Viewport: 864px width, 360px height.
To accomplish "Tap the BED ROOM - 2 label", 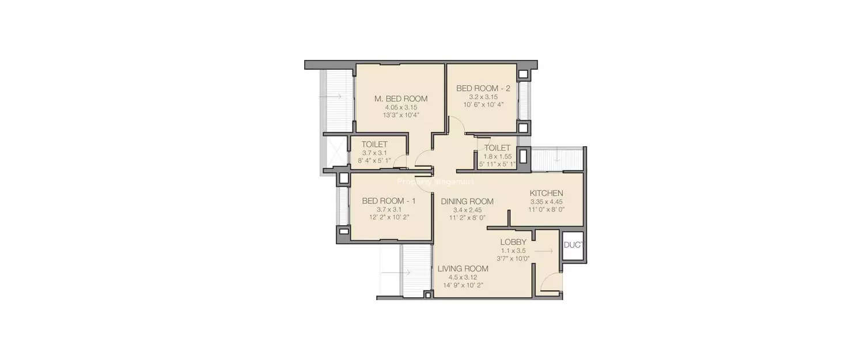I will [483, 88].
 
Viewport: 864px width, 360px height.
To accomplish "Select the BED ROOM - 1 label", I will [389, 201].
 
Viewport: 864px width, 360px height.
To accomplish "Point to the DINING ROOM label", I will [467, 202].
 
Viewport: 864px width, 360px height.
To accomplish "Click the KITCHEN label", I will [546, 193].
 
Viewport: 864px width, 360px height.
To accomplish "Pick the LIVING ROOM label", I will [463, 268].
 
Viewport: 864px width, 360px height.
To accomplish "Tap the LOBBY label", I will [513, 242].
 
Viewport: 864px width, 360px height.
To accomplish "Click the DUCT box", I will [573, 245].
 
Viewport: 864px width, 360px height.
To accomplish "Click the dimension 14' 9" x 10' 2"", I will [463, 285].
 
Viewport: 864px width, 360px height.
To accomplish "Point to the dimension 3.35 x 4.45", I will [546, 202].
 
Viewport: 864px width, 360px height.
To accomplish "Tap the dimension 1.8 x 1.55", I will [498, 157].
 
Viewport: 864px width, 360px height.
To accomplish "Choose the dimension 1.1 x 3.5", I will [513, 251].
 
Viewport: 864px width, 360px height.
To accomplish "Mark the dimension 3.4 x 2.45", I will [467, 210].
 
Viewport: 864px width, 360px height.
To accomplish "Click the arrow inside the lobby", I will [544, 251].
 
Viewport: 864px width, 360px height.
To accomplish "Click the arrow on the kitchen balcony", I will [558, 156].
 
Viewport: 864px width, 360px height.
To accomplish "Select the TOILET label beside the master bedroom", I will [374, 144].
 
